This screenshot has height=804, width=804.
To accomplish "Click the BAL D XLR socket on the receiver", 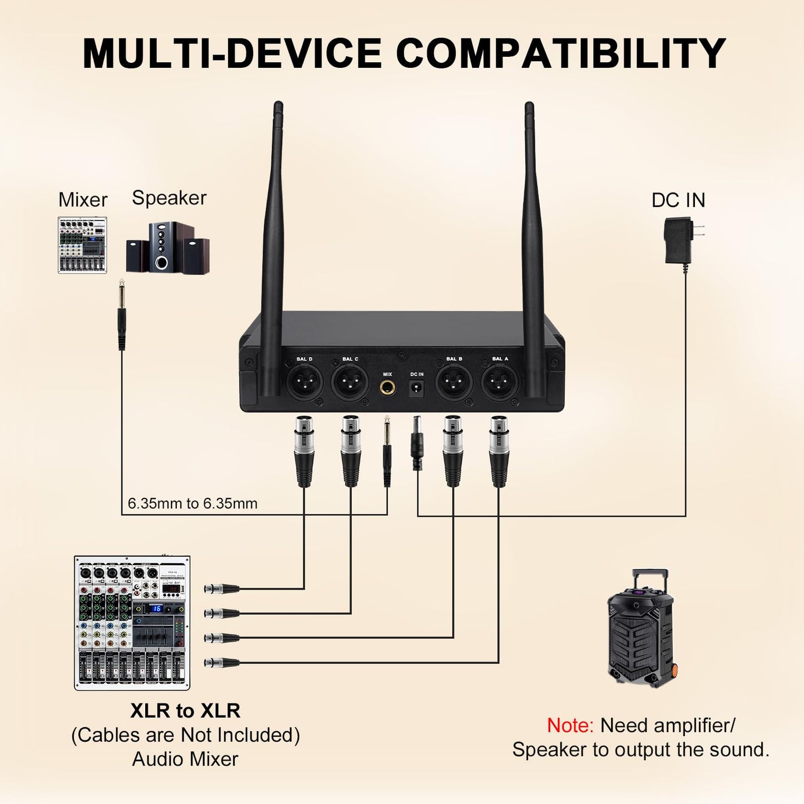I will click(304, 383).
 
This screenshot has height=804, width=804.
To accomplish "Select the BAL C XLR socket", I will click(350, 383).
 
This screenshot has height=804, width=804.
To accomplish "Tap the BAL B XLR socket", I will click(454, 383).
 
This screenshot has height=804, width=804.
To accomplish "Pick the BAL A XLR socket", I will click(500, 383).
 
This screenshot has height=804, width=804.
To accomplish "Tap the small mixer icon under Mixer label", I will click(82, 245).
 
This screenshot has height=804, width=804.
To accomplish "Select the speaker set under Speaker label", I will click(167, 248).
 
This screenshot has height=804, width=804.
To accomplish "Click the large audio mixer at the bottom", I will click(132, 623).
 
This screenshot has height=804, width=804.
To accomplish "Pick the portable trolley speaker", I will click(640, 629).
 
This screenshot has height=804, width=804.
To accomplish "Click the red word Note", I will click(570, 726).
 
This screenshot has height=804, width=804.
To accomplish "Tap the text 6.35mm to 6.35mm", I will click(193, 504).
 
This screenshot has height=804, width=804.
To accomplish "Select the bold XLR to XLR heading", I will click(185, 711).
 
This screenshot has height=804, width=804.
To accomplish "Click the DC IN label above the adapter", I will click(678, 200).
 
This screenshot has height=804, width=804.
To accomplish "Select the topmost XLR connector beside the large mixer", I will click(221, 589).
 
